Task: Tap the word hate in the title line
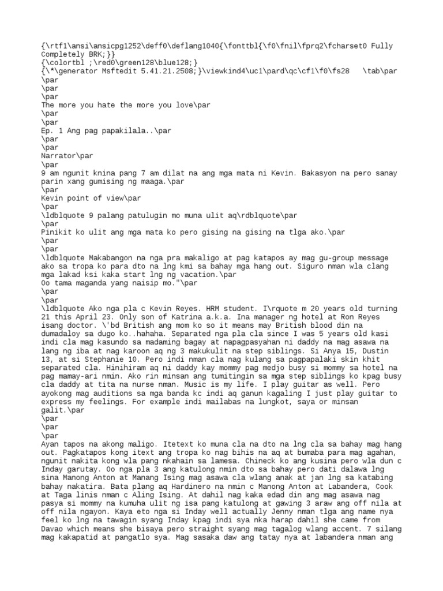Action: tap(108, 106)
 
